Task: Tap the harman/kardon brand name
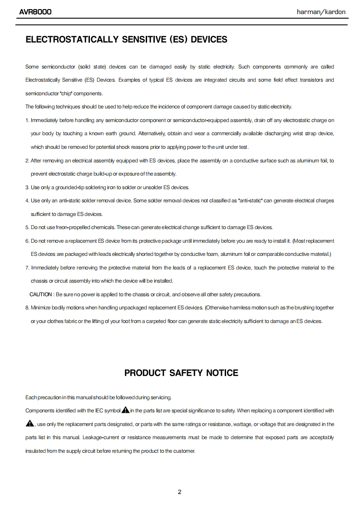321,12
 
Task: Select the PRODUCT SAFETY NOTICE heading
181,373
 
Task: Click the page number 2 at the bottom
180,492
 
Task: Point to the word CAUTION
41,294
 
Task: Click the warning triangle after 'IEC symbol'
125,410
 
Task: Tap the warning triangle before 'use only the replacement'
30,424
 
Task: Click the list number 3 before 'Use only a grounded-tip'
27,187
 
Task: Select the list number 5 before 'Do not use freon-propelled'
27,227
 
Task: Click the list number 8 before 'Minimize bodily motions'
27,308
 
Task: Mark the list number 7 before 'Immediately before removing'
27,268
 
